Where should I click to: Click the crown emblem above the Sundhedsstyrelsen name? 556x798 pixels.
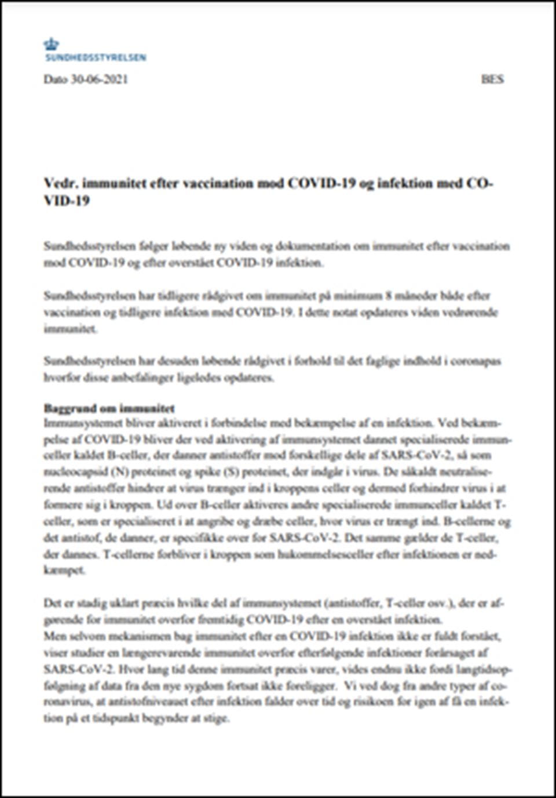(51, 43)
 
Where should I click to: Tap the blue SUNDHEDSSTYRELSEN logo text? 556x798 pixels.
(96, 57)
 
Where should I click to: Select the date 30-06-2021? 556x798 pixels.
(99, 79)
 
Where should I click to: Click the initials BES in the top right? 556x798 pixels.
(492, 79)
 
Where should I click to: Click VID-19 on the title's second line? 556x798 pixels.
(66, 202)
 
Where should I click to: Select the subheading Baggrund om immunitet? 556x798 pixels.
(109, 408)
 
